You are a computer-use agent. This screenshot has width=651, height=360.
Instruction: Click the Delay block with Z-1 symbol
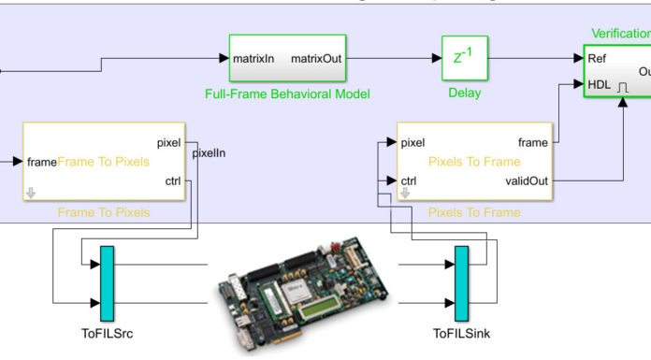[x=459, y=58]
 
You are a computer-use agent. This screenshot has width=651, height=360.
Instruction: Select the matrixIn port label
[x=253, y=58]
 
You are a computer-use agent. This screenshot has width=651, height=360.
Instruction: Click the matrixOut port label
[x=316, y=58]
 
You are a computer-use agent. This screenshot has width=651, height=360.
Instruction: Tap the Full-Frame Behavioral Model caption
[x=288, y=94]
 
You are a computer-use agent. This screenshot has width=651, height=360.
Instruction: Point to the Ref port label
[x=597, y=58]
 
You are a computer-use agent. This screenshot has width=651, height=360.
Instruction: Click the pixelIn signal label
[x=209, y=152]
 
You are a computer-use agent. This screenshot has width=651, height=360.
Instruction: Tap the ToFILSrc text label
[x=107, y=331]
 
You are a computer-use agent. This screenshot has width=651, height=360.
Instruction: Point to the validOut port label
[x=527, y=180]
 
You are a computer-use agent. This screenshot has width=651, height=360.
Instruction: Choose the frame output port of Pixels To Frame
[x=533, y=142]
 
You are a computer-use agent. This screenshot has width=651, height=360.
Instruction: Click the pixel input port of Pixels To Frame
[x=412, y=143]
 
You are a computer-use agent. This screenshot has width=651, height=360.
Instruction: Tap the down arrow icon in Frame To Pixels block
[x=31, y=193]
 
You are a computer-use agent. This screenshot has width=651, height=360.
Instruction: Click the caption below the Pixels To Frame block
[x=474, y=212]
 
